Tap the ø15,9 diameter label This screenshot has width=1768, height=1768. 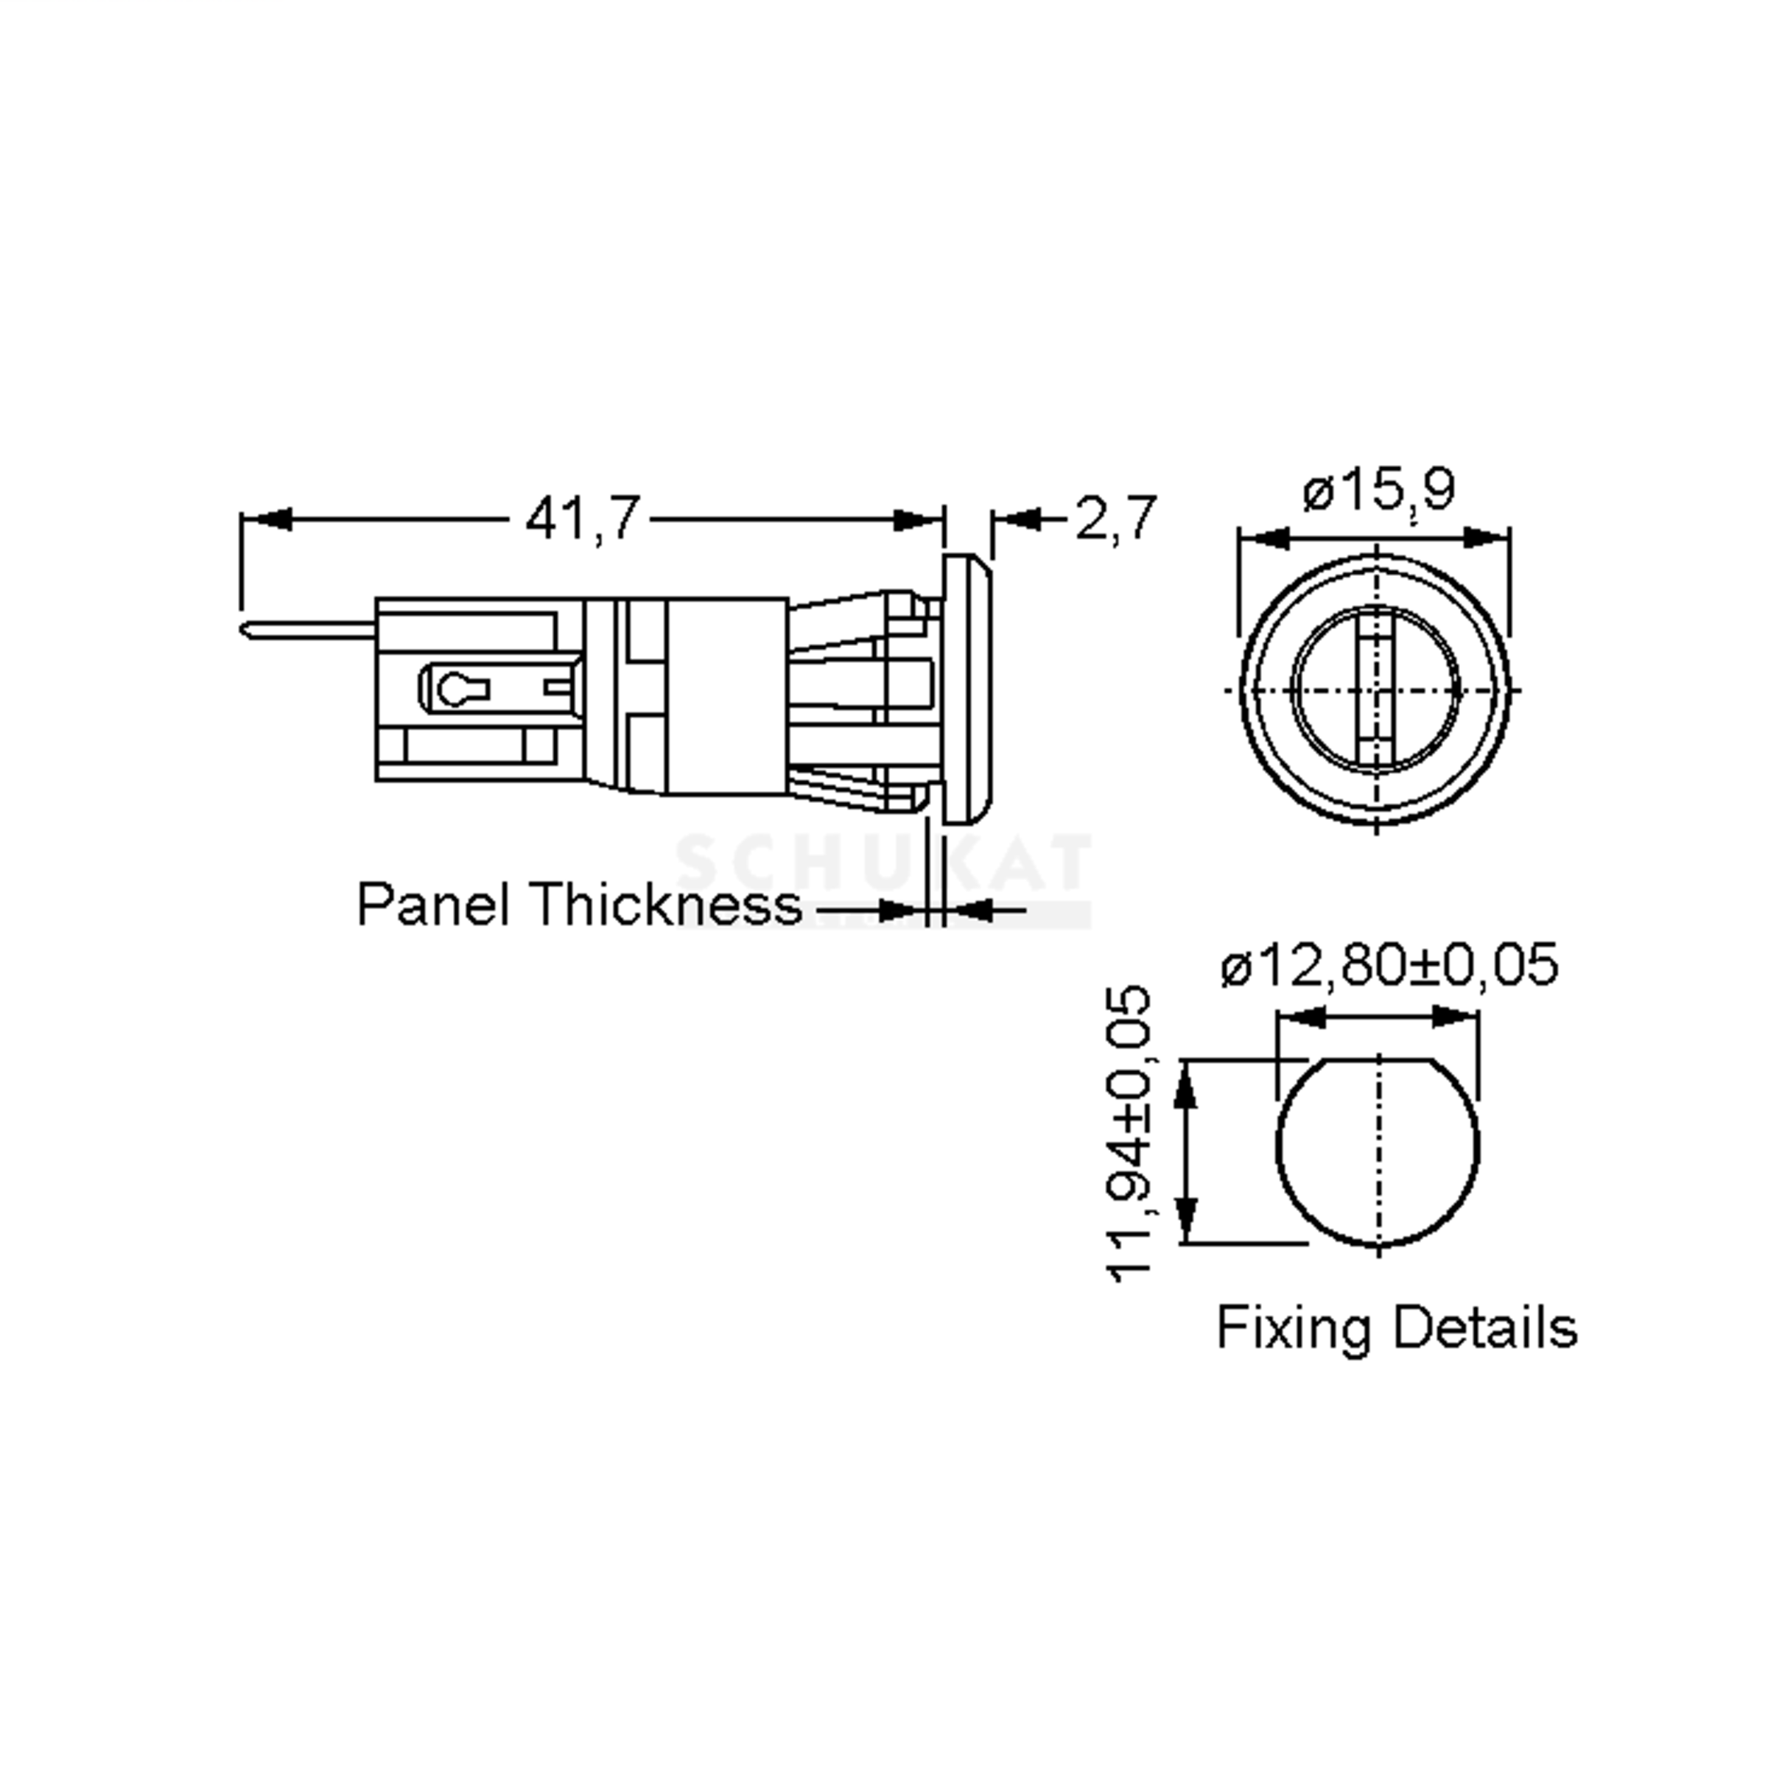(1378, 491)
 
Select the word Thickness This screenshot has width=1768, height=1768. (665, 905)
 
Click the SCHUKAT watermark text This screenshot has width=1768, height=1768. (883, 862)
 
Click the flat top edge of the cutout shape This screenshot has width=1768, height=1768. (1378, 1061)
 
